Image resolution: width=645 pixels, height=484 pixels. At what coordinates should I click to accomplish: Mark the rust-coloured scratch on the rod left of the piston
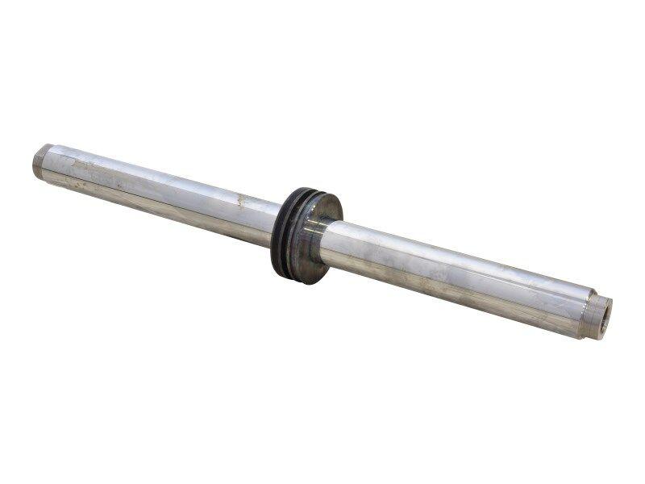[x=239, y=199]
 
